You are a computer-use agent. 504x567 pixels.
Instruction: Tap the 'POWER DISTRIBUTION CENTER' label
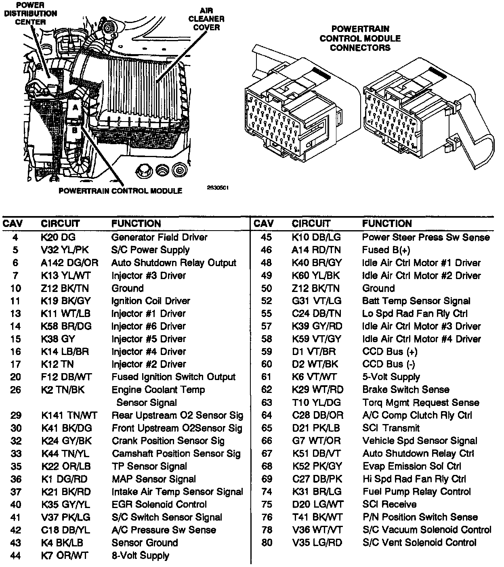point(30,13)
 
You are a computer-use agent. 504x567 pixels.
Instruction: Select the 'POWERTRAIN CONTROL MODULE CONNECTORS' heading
point(360,38)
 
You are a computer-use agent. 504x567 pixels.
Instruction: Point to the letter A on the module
point(74,107)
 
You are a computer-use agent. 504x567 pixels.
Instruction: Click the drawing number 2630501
point(218,187)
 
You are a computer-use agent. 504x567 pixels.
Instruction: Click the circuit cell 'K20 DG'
point(58,237)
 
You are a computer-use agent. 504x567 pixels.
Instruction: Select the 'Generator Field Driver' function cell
point(159,237)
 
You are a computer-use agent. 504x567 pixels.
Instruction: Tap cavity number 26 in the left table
point(15,390)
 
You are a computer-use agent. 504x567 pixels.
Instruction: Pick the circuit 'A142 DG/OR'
point(69,262)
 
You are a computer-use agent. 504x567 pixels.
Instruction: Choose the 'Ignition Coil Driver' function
point(151,301)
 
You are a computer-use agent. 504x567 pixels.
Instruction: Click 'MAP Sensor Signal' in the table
point(153,479)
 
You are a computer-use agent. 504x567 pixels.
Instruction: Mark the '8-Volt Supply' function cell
point(140,555)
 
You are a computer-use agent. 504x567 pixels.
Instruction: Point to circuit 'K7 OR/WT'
point(65,555)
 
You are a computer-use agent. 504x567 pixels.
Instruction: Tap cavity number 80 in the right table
point(267,542)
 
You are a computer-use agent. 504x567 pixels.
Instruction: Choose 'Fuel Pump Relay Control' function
point(416,491)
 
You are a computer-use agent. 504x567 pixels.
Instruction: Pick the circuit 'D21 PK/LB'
point(316,428)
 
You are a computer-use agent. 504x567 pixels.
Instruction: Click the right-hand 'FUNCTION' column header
point(387,223)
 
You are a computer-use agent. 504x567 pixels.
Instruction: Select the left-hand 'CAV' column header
point(13,223)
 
